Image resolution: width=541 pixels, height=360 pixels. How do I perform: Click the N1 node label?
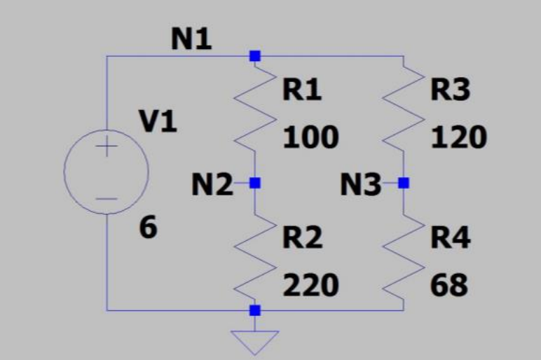(191, 40)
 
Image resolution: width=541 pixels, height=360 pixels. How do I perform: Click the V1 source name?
(158, 123)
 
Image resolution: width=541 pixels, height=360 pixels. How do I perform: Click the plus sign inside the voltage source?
(107, 148)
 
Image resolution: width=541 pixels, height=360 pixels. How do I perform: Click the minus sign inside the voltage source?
(107, 199)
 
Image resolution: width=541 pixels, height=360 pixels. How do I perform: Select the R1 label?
(302, 90)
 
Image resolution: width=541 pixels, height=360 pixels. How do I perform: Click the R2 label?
(302, 239)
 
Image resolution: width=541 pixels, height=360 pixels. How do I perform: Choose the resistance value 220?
(310, 285)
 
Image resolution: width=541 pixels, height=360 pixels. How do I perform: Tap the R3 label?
(451, 90)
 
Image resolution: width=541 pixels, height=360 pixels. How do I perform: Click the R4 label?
(451, 239)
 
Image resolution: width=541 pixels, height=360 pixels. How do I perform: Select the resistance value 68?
(449, 285)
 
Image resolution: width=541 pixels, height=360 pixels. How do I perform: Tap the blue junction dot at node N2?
(255, 184)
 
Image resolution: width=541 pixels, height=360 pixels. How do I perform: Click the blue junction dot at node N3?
(404, 184)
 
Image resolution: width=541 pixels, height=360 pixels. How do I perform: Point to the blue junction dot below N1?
(255, 55)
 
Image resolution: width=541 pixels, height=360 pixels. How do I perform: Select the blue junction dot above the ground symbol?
(255, 309)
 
